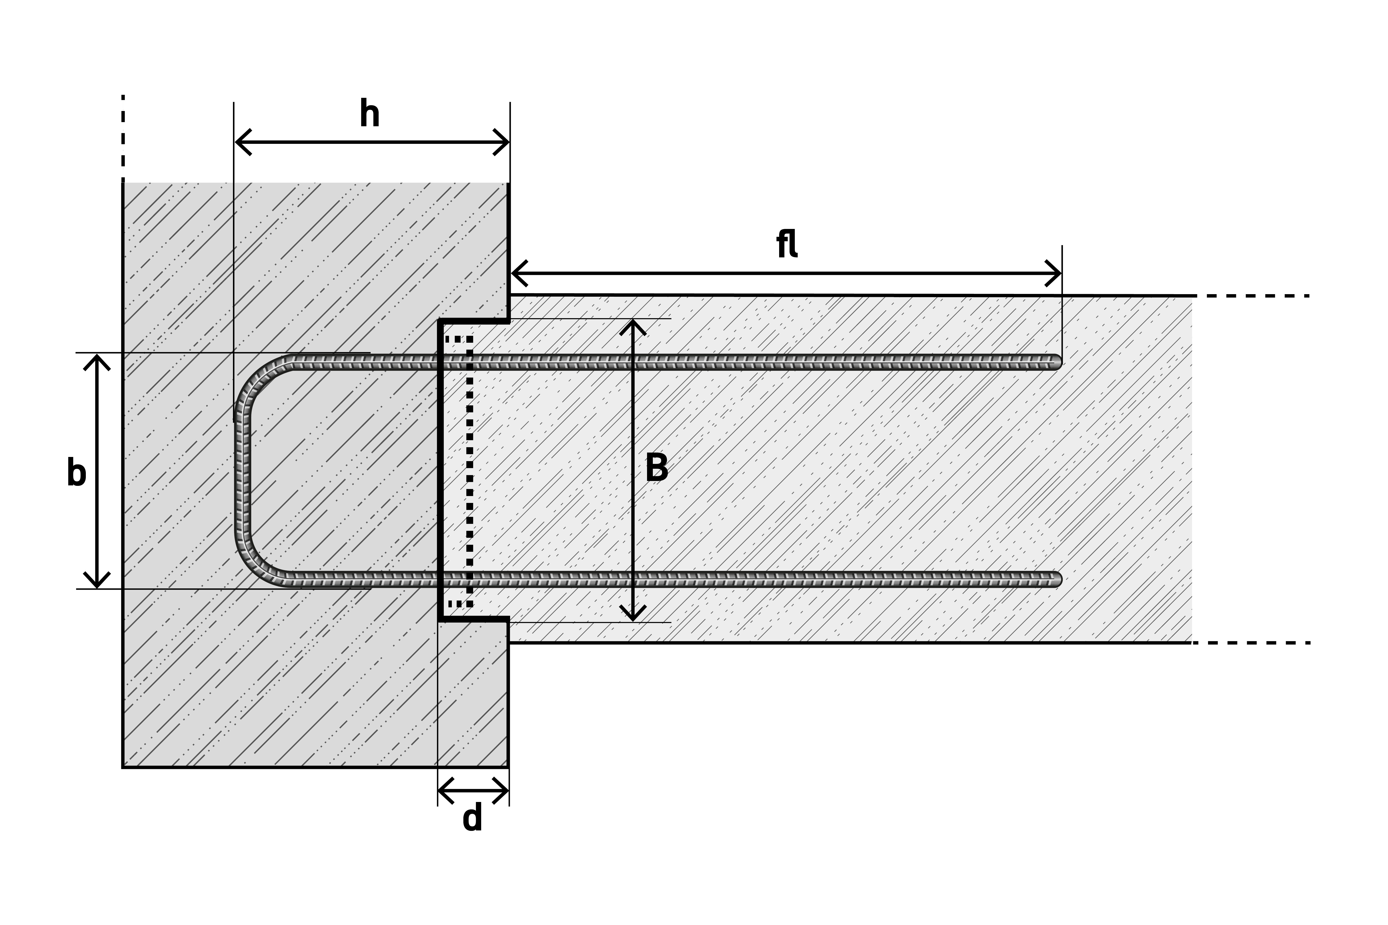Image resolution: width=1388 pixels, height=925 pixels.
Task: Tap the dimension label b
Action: click(77, 472)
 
